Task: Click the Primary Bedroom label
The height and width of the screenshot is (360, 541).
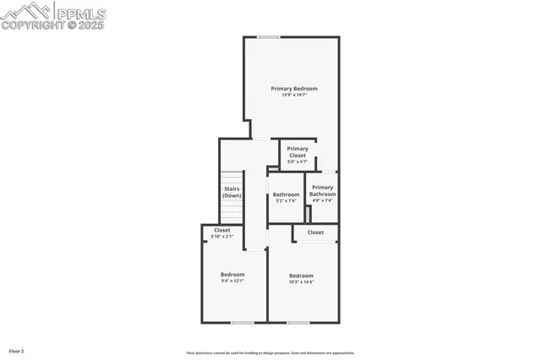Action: click(x=293, y=88)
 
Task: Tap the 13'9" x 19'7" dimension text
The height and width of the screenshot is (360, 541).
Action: click(x=293, y=95)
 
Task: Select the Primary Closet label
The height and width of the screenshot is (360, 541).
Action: click(x=297, y=152)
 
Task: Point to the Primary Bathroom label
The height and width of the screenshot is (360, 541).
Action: click(x=321, y=190)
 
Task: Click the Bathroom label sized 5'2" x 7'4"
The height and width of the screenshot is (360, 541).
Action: click(x=286, y=194)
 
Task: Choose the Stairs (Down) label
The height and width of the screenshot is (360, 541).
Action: click(x=232, y=192)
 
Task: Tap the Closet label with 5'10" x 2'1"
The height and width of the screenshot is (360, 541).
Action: click(x=222, y=230)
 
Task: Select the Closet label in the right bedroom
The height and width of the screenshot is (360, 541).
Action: click(x=315, y=232)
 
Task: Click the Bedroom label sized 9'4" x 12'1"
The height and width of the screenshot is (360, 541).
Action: click(x=232, y=274)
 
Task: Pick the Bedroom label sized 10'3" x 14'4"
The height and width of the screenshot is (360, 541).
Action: click(x=301, y=275)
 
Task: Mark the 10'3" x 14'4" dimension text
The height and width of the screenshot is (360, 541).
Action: click(x=301, y=282)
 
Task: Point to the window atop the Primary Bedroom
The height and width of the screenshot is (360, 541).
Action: click(x=269, y=36)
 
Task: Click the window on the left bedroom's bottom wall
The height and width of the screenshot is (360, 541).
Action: click(x=243, y=322)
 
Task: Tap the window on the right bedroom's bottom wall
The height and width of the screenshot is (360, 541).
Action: click(x=298, y=322)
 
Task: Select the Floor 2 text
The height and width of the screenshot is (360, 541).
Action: click(x=17, y=351)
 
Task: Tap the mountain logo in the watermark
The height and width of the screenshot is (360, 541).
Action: click(x=25, y=11)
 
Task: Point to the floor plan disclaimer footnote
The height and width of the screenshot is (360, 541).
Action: click(x=270, y=352)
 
